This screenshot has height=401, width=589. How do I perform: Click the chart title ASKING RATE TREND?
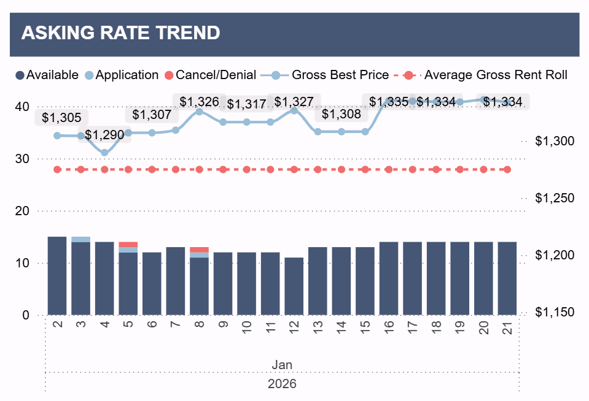coord(120,33)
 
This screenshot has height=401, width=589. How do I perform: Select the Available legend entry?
coord(47,75)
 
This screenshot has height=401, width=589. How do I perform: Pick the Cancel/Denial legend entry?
coord(211,75)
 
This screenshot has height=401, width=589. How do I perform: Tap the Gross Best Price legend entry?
coord(332,75)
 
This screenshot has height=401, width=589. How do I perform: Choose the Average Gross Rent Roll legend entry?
coord(488,75)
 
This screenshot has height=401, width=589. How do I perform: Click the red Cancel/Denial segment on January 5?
coord(128,244)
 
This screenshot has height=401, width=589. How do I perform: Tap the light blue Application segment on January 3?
coord(80,239)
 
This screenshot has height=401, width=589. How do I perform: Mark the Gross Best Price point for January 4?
coord(104,153)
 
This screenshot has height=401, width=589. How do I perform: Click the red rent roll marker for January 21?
coord(507,169)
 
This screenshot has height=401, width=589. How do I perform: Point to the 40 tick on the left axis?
coord(22,107)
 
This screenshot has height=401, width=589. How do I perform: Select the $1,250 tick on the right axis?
coord(554,198)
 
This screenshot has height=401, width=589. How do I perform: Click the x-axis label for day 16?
coord(389,327)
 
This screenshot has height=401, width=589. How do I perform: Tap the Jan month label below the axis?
coord(282,365)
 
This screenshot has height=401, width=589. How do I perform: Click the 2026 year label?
coord(282,384)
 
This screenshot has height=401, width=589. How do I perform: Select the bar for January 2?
coord(57,276)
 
